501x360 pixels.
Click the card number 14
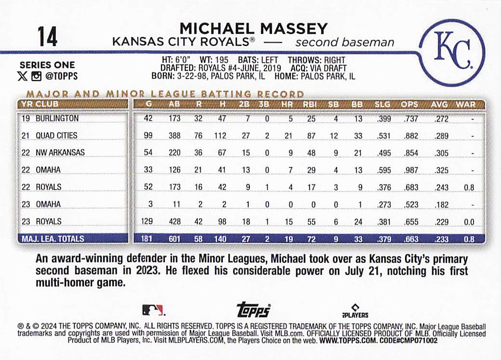tap(48, 37)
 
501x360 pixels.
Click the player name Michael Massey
tap(253, 28)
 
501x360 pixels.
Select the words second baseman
tap(344, 42)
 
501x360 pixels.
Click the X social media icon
tap(23, 76)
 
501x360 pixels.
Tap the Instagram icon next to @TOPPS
tap(36, 76)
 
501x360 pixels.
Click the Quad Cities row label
tap(56, 135)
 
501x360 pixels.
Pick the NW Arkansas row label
tap(60, 152)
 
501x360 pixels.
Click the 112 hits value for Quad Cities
tap(219, 135)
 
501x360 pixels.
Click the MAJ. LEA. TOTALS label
tap(52, 239)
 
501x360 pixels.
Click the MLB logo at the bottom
tap(153, 310)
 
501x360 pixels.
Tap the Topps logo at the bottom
tap(254, 310)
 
